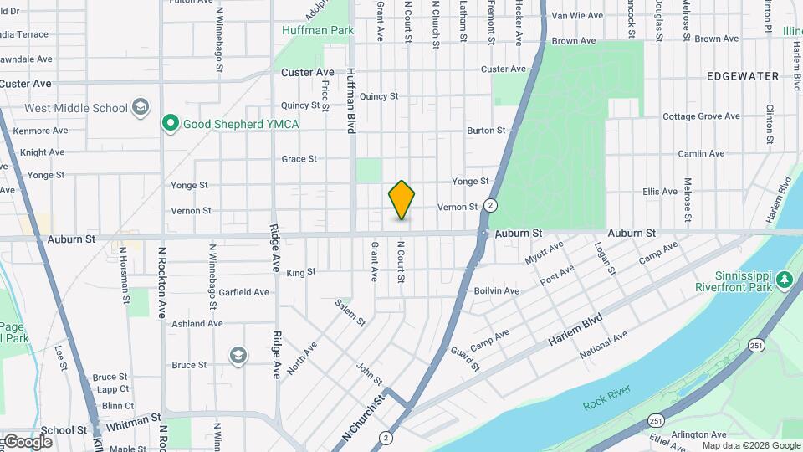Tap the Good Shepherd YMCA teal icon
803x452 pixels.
click(171, 124)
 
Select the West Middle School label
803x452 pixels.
click(76, 108)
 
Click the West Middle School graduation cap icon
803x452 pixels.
click(141, 107)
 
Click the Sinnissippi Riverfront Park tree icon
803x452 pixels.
click(784, 279)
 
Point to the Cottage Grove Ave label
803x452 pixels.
click(701, 116)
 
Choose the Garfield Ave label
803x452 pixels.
click(243, 292)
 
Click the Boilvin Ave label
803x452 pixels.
click(496, 291)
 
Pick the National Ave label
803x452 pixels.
click(604, 345)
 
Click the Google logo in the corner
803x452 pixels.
click(28, 441)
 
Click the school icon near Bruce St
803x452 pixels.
click(238, 356)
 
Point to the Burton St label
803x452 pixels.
click(486, 131)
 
